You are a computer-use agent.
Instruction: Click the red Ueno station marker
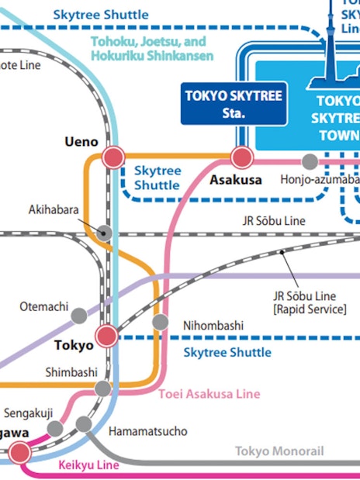point(114,157)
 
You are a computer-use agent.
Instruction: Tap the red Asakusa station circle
point(242,158)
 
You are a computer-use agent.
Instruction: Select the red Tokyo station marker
point(106,336)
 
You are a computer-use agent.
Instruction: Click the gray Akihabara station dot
point(105,232)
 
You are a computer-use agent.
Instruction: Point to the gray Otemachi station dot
point(78,315)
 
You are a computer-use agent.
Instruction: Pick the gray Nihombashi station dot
point(160,322)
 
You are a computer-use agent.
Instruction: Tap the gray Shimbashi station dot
point(102,388)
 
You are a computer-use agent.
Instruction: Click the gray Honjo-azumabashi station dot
point(310,161)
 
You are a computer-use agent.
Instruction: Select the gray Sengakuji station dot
point(54,428)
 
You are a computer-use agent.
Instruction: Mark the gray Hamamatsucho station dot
point(83,424)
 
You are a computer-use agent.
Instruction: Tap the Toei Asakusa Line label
point(209,394)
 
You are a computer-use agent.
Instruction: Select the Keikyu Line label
point(88,465)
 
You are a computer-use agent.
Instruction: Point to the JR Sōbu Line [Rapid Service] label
point(309,302)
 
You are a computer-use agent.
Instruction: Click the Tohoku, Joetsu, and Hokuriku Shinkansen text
point(148,48)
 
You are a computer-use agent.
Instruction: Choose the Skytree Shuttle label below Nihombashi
point(227,353)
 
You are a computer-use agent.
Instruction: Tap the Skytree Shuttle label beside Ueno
point(157,178)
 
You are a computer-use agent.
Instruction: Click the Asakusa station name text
point(236,181)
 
